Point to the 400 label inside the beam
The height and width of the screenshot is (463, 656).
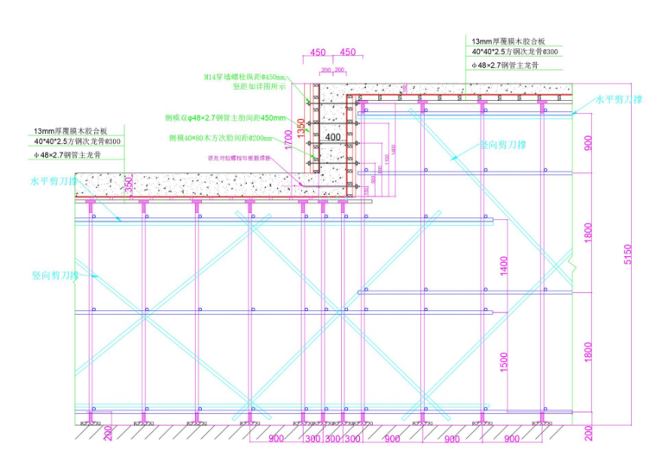pyautogui.click(x=332, y=136)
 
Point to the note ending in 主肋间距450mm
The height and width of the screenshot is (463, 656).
pyautogui.click(x=225, y=117)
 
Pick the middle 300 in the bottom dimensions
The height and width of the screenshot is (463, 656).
pyautogui.click(x=332, y=440)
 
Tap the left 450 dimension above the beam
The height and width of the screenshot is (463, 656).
pyautogui.click(x=318, y=52)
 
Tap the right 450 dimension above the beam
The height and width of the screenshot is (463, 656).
pyautogui.click(x=348, y=52)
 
